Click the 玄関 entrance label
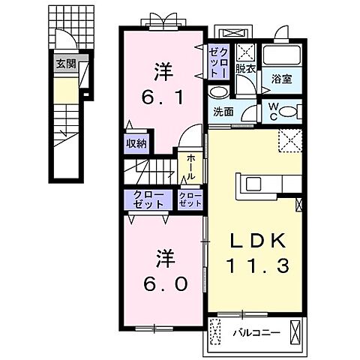65,64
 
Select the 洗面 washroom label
223,112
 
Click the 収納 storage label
136,144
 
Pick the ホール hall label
189,166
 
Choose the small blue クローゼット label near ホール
190,199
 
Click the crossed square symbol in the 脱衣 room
246,53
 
